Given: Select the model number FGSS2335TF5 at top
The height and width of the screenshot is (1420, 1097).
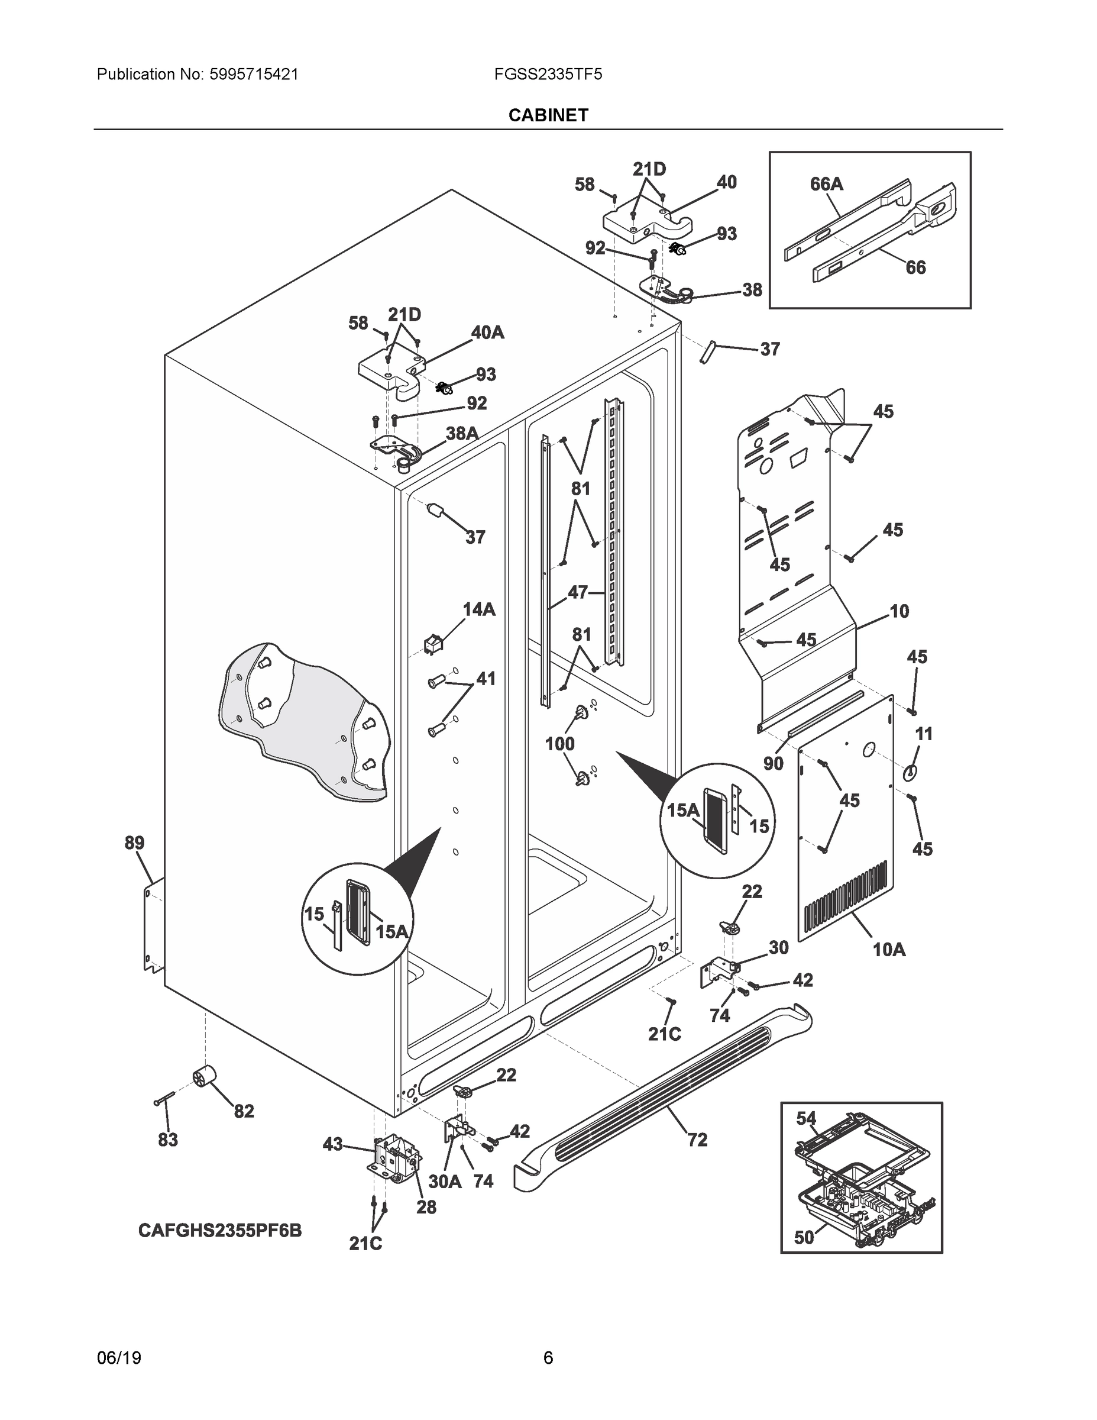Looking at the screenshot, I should click(x=548, y=74).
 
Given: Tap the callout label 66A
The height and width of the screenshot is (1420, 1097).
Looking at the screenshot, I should click(x=826, y=185).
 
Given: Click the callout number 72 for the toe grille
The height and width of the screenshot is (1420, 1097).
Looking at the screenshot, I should click(x=697, y=1139).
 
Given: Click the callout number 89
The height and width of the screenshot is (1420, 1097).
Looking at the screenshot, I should click(x=134, y=843).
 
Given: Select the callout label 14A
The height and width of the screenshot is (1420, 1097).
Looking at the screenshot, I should click(x=478, y=609).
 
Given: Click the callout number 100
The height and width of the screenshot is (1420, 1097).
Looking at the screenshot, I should click(x=559, y=743).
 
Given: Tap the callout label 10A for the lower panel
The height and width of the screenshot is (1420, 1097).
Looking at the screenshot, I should click(x=888, y=949).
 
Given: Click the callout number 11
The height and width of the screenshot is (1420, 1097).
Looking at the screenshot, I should click(x=924, y=734).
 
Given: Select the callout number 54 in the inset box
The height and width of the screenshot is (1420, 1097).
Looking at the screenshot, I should click(x=806, y=1118).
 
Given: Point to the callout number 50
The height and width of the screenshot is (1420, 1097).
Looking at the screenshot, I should click(x=804, y=1238).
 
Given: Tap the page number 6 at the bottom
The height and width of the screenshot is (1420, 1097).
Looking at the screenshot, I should click(x=548, y=1358).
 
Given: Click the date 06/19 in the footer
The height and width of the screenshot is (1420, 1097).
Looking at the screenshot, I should click(x=119, y=1358).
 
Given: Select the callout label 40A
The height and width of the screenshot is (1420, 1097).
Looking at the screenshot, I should click(x=487, y=333).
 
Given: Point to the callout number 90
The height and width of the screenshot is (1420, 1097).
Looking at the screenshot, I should click(x=773, y=763).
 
